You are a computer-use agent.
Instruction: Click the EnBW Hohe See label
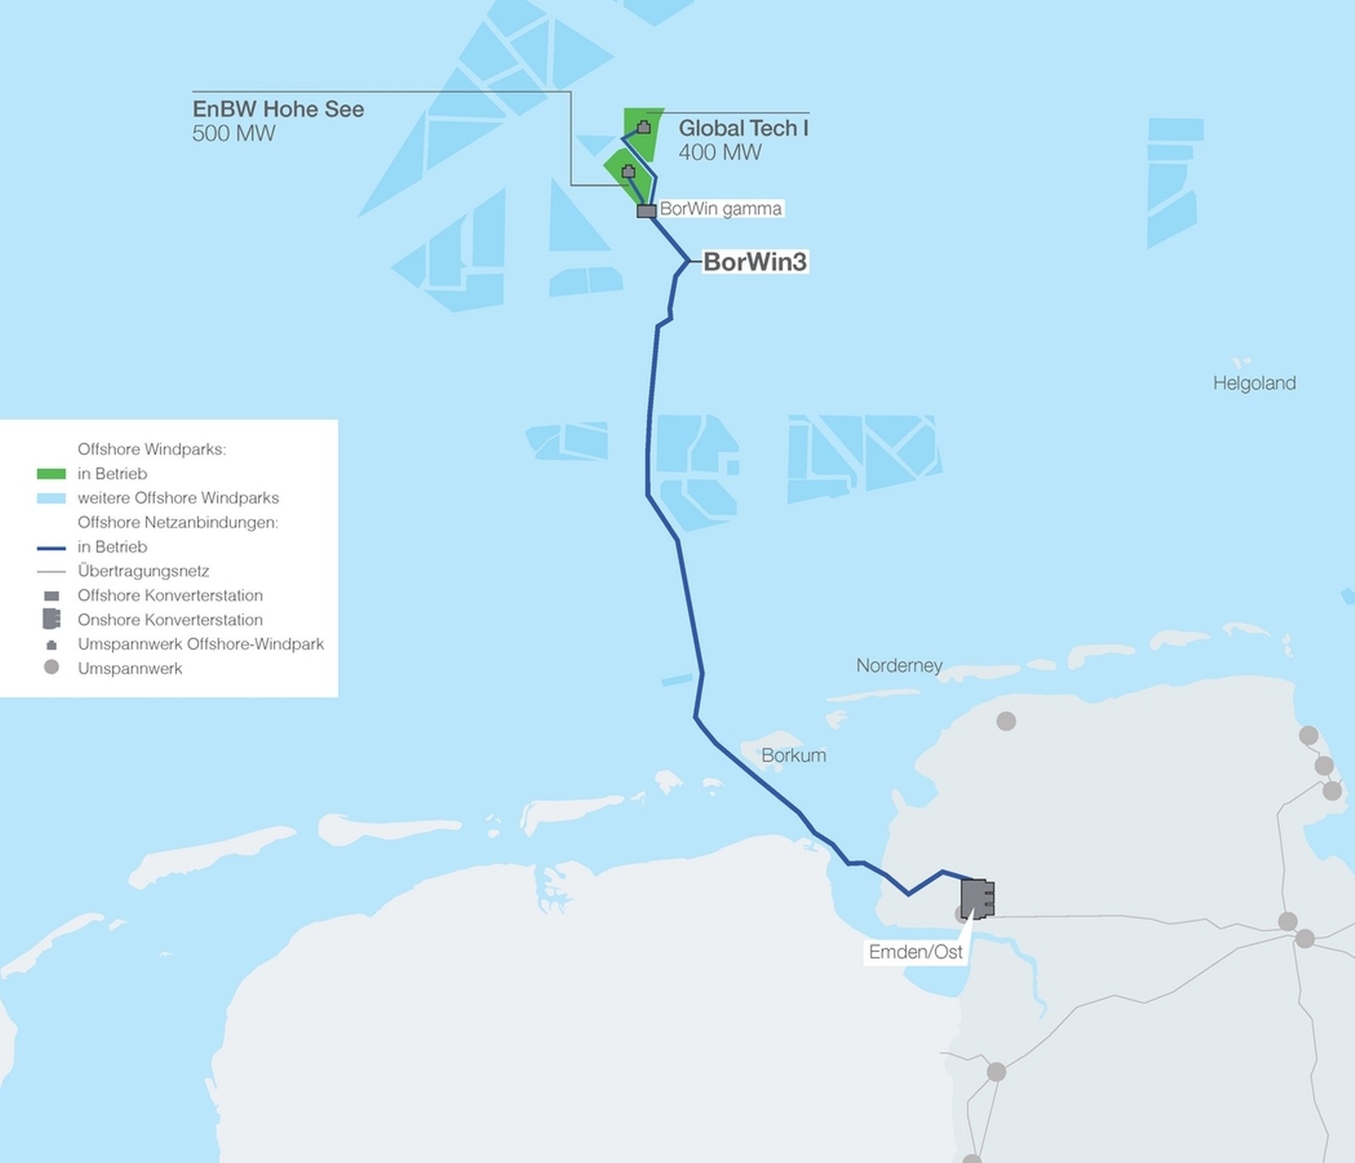point(278,109)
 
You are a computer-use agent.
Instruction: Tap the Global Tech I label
point(743,128)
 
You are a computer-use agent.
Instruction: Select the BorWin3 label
point(755,262)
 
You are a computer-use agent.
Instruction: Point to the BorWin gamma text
point(721,208)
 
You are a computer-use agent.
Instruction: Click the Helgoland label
point(1253,383)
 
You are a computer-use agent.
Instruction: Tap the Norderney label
point(899,665)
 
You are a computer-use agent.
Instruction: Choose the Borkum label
point(793,755)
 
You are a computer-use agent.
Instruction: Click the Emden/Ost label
point(915,951)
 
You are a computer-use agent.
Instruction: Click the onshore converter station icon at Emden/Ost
point(977,899)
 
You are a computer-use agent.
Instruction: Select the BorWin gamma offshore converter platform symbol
point(646,211)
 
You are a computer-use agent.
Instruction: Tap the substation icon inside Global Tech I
point(644,127)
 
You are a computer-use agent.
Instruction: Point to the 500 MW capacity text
point(234,134)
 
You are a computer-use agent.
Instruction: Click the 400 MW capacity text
point(720,152)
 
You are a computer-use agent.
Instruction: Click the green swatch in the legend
point(52,474)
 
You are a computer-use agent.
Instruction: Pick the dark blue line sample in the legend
point(52,547)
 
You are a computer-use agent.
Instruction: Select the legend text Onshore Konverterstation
point(169,619)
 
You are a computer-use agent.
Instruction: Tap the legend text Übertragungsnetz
point(143,571)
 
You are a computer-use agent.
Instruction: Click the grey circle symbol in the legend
point(52,667)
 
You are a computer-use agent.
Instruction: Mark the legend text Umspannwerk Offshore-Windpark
point(201,644)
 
